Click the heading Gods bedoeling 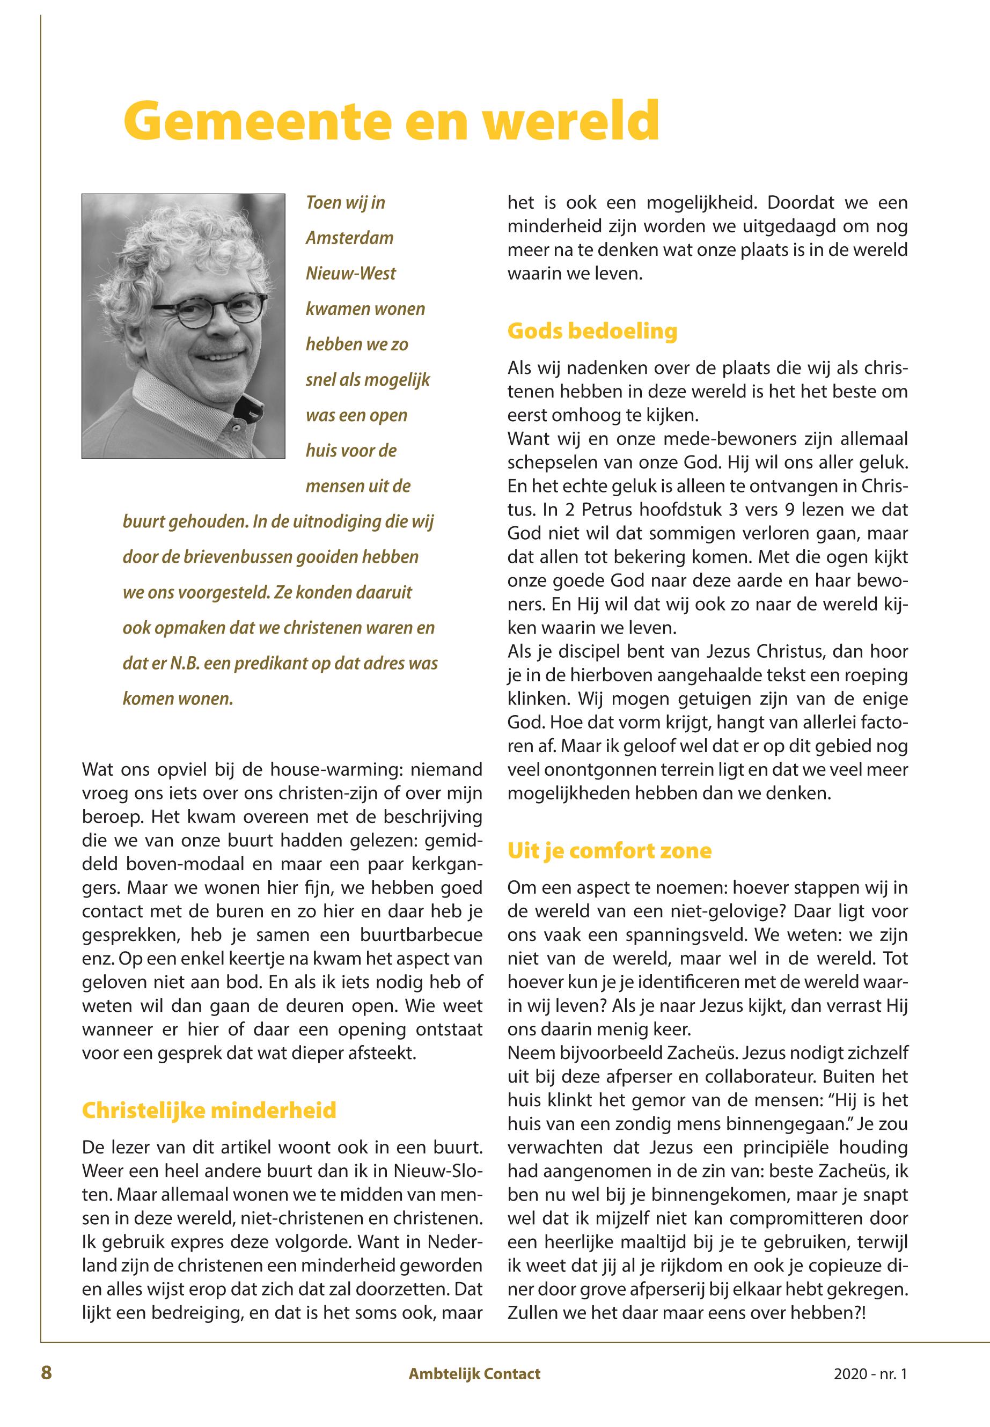click(x=592, y=330)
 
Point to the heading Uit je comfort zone click(x=609, y=850)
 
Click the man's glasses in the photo click(x=211, y=313)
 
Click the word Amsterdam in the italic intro click(x=349, y=238)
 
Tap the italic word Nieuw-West click(x=350, y=274)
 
